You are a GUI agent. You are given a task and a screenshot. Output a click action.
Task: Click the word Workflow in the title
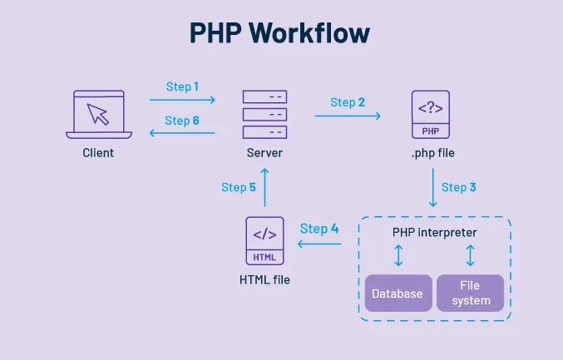[x=309, y=32]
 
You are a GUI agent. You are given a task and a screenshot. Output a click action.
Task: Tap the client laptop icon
[x=99, y=115]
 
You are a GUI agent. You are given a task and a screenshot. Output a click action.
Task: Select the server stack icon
[x=264, y=115]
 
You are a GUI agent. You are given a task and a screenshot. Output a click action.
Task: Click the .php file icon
[x=431, y=115]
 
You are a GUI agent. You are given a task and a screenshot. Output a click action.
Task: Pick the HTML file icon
[x=264, y=241]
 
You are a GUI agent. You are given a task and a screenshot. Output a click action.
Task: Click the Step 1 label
[x=182, y=86]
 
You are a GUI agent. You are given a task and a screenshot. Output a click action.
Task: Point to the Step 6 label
[x=181, y=121]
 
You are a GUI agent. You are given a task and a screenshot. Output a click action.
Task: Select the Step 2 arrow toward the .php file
[x=348, y=116]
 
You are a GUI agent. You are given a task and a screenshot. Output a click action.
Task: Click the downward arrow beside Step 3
[x=433, y=187]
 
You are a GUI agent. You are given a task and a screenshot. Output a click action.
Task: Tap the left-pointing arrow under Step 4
[x=319, y=244]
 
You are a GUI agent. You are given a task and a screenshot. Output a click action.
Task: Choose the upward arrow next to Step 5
[x=264, y=187]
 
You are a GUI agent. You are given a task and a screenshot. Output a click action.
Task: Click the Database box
[x=398, y=293]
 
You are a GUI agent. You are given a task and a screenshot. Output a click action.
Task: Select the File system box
[x=471, y=293]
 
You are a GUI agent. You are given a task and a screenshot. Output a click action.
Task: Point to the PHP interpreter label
[x=434, y=232]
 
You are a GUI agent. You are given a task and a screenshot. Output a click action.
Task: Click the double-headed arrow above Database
[x=398, y=255]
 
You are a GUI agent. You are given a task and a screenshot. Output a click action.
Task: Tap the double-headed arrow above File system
[x=471, y=255]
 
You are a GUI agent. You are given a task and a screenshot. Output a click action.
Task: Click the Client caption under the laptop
[x=98, y=153]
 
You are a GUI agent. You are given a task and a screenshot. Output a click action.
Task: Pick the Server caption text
[x=264, y=153]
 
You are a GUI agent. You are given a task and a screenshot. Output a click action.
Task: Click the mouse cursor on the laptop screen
[x=98, y=114]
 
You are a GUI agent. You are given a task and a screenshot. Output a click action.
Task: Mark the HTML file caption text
[x=264, y=279]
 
